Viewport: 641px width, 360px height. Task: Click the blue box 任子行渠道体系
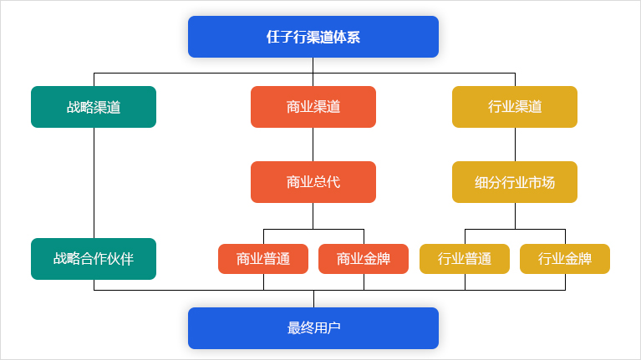point(313,37)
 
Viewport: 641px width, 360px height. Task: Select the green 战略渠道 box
point(94,107)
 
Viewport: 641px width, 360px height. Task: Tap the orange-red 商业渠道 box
point(313,107)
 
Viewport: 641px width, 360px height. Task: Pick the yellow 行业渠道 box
point(515,107)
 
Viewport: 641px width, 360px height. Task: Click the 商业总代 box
point(313,182)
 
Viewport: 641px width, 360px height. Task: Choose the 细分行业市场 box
point(515,182)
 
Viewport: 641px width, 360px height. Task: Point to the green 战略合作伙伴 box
point(94,259)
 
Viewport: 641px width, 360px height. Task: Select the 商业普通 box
point(263,259)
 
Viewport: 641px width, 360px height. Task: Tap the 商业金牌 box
point(364,259)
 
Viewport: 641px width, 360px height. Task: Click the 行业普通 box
point(465,259)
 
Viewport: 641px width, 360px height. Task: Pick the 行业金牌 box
point(565,259)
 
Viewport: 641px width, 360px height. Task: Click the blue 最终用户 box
point(313,328)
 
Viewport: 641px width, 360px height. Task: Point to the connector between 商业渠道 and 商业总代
point(313,145)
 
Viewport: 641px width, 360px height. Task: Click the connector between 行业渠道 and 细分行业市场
point(515,145)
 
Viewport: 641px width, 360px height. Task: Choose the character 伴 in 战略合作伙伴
point(127,259)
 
